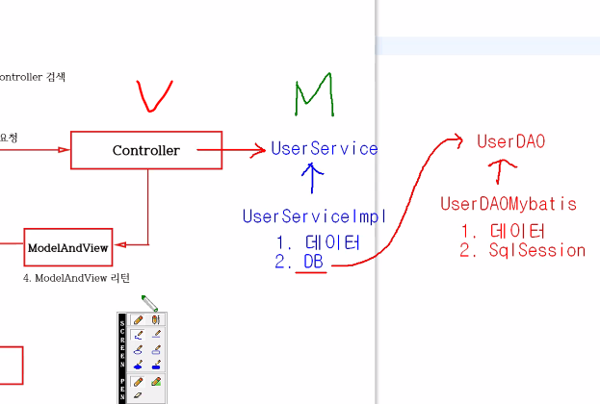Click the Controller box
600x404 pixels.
[x=146, y=150]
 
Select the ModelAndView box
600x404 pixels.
[x=67, y=247]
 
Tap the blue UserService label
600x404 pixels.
[x=325, y=148]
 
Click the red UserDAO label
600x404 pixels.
[x=511, y=141]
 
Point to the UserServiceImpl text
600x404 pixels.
[x=314, y=216]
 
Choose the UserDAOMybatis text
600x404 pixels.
[x=509, y=204]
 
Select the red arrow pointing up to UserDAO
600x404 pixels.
[x=499, y=172]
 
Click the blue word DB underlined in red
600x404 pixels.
[x=314, y=263]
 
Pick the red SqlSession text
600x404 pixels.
[x=535, y=251]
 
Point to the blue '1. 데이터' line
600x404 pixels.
[x=318, y=243]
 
